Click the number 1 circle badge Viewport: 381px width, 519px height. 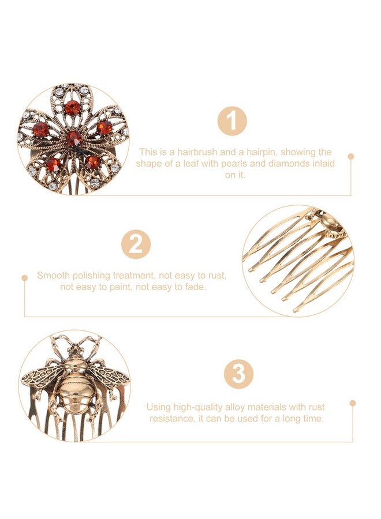[231, 122]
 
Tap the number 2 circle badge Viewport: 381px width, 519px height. [136, 245]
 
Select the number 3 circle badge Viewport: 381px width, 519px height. [238, 374]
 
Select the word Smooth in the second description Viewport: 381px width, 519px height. [53, 275]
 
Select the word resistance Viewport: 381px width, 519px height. [170, 418]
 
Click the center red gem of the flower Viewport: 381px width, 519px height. [73, 138]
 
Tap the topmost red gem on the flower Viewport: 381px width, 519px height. [72, 107]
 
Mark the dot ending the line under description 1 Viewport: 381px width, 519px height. [350, 156]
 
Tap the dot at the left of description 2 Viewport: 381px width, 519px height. [24, 278]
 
